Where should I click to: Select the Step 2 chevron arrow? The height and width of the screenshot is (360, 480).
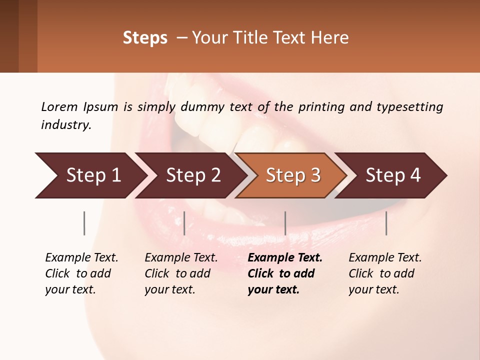tap(190, 175)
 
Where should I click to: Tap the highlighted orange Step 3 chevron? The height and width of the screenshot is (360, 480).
tap(291, 175)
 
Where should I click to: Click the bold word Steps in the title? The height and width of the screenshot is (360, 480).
tap(145, 38)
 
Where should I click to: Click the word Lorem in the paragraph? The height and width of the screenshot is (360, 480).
tap(59, 106)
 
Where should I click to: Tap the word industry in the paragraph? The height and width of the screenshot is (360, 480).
tap(66, 124)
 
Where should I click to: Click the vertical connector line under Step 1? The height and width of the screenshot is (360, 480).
tap(84, 223)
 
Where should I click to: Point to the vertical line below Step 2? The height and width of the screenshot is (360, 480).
tap(184, 223)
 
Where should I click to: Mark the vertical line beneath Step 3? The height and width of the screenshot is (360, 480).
tap(285, 223)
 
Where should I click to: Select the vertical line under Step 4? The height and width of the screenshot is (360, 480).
tap(386, 223)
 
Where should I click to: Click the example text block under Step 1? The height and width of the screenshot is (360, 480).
tap(81, 273)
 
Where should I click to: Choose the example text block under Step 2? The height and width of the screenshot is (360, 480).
tap(180, 273)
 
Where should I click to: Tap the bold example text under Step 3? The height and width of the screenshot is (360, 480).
tap(284, 273)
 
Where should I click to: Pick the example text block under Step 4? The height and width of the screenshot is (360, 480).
tap(384, 273)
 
